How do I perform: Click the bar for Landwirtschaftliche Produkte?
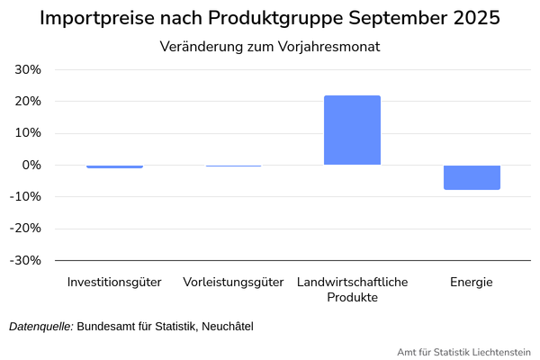pyautogui.click(x=352, y=130)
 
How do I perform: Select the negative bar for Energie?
pyautogui.click(x=472, y=177)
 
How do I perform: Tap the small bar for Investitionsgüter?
pyautogui.click(x=114, y=166)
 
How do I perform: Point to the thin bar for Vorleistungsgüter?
pyautogui.click(x=233, y=166)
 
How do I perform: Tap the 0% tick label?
pyautogui.click(x=32, y=166)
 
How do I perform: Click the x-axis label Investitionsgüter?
pyautogui.click(x=114, y=282)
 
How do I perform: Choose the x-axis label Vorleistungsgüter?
pyautogui.click(x=233, y=282)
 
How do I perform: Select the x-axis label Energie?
pyautogui.click(x=472, y=282)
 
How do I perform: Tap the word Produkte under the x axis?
pyautogui.click(x=352, y=297)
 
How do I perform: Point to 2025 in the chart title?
pyautogui.click(x=474, y=19)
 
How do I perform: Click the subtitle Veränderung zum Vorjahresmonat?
pyautogui.click(x=269, y=47)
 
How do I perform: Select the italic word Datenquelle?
pyautogui.click(x=40, y=326)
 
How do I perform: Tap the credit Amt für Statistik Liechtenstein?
pyautogui.click(x=463, y=351)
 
